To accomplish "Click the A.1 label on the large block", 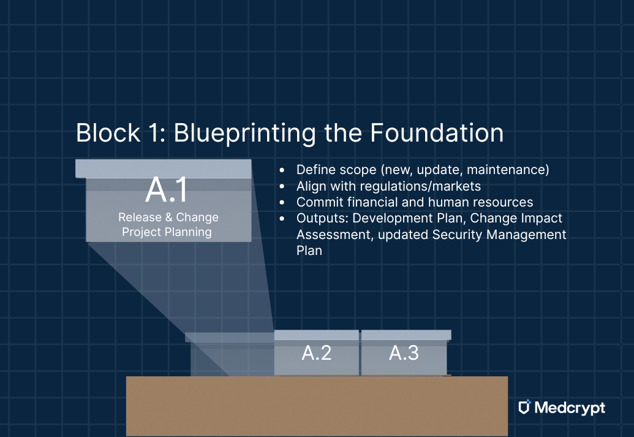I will (166, 191).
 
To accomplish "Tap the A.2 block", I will (316, 353).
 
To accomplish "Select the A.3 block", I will (404, 353).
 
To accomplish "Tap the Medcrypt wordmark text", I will (570, 408).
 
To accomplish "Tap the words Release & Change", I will (168, 218).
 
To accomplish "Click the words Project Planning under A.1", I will (167, 232).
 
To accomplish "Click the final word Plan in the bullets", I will (309, 251).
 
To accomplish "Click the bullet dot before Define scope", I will (282, 170).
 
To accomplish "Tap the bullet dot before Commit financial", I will (282, 202).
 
